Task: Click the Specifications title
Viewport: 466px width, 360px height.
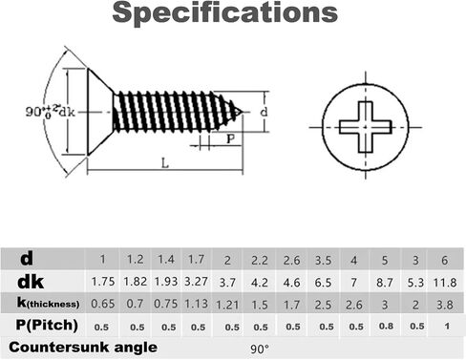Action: tap(225, 12)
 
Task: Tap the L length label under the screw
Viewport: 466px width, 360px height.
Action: tap(164, 163)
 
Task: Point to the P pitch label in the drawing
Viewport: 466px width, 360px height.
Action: tap(231, 138)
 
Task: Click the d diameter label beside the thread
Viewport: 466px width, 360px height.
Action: tap(264, 112)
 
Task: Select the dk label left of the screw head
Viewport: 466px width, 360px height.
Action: tap(67, 112)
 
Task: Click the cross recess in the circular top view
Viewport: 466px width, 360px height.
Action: tap(365, 127)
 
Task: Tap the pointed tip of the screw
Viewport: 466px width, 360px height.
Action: tap(243, 112)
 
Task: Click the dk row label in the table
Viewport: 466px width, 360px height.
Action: tap(31, 282)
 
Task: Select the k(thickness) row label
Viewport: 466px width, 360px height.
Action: tap(48, 303)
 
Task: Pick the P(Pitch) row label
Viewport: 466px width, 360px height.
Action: tap(47, 325)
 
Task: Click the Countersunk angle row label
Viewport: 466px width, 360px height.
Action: tap(83, 347)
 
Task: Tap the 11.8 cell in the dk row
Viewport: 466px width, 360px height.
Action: tap(445, 283)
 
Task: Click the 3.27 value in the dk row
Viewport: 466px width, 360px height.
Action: tap(196, 282)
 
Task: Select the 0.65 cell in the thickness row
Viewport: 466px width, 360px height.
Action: tap(103, 304)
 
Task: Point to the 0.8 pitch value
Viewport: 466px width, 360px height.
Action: tap(386, 326)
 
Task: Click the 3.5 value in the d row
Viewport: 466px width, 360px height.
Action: tap(323, 261)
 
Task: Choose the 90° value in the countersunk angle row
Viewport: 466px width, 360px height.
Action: tap(260, 349)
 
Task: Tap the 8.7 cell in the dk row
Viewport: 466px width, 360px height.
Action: tap(384, 283)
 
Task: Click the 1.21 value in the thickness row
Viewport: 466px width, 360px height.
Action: tap(227, 305)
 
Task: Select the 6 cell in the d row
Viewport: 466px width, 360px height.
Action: tap(444, 261)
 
